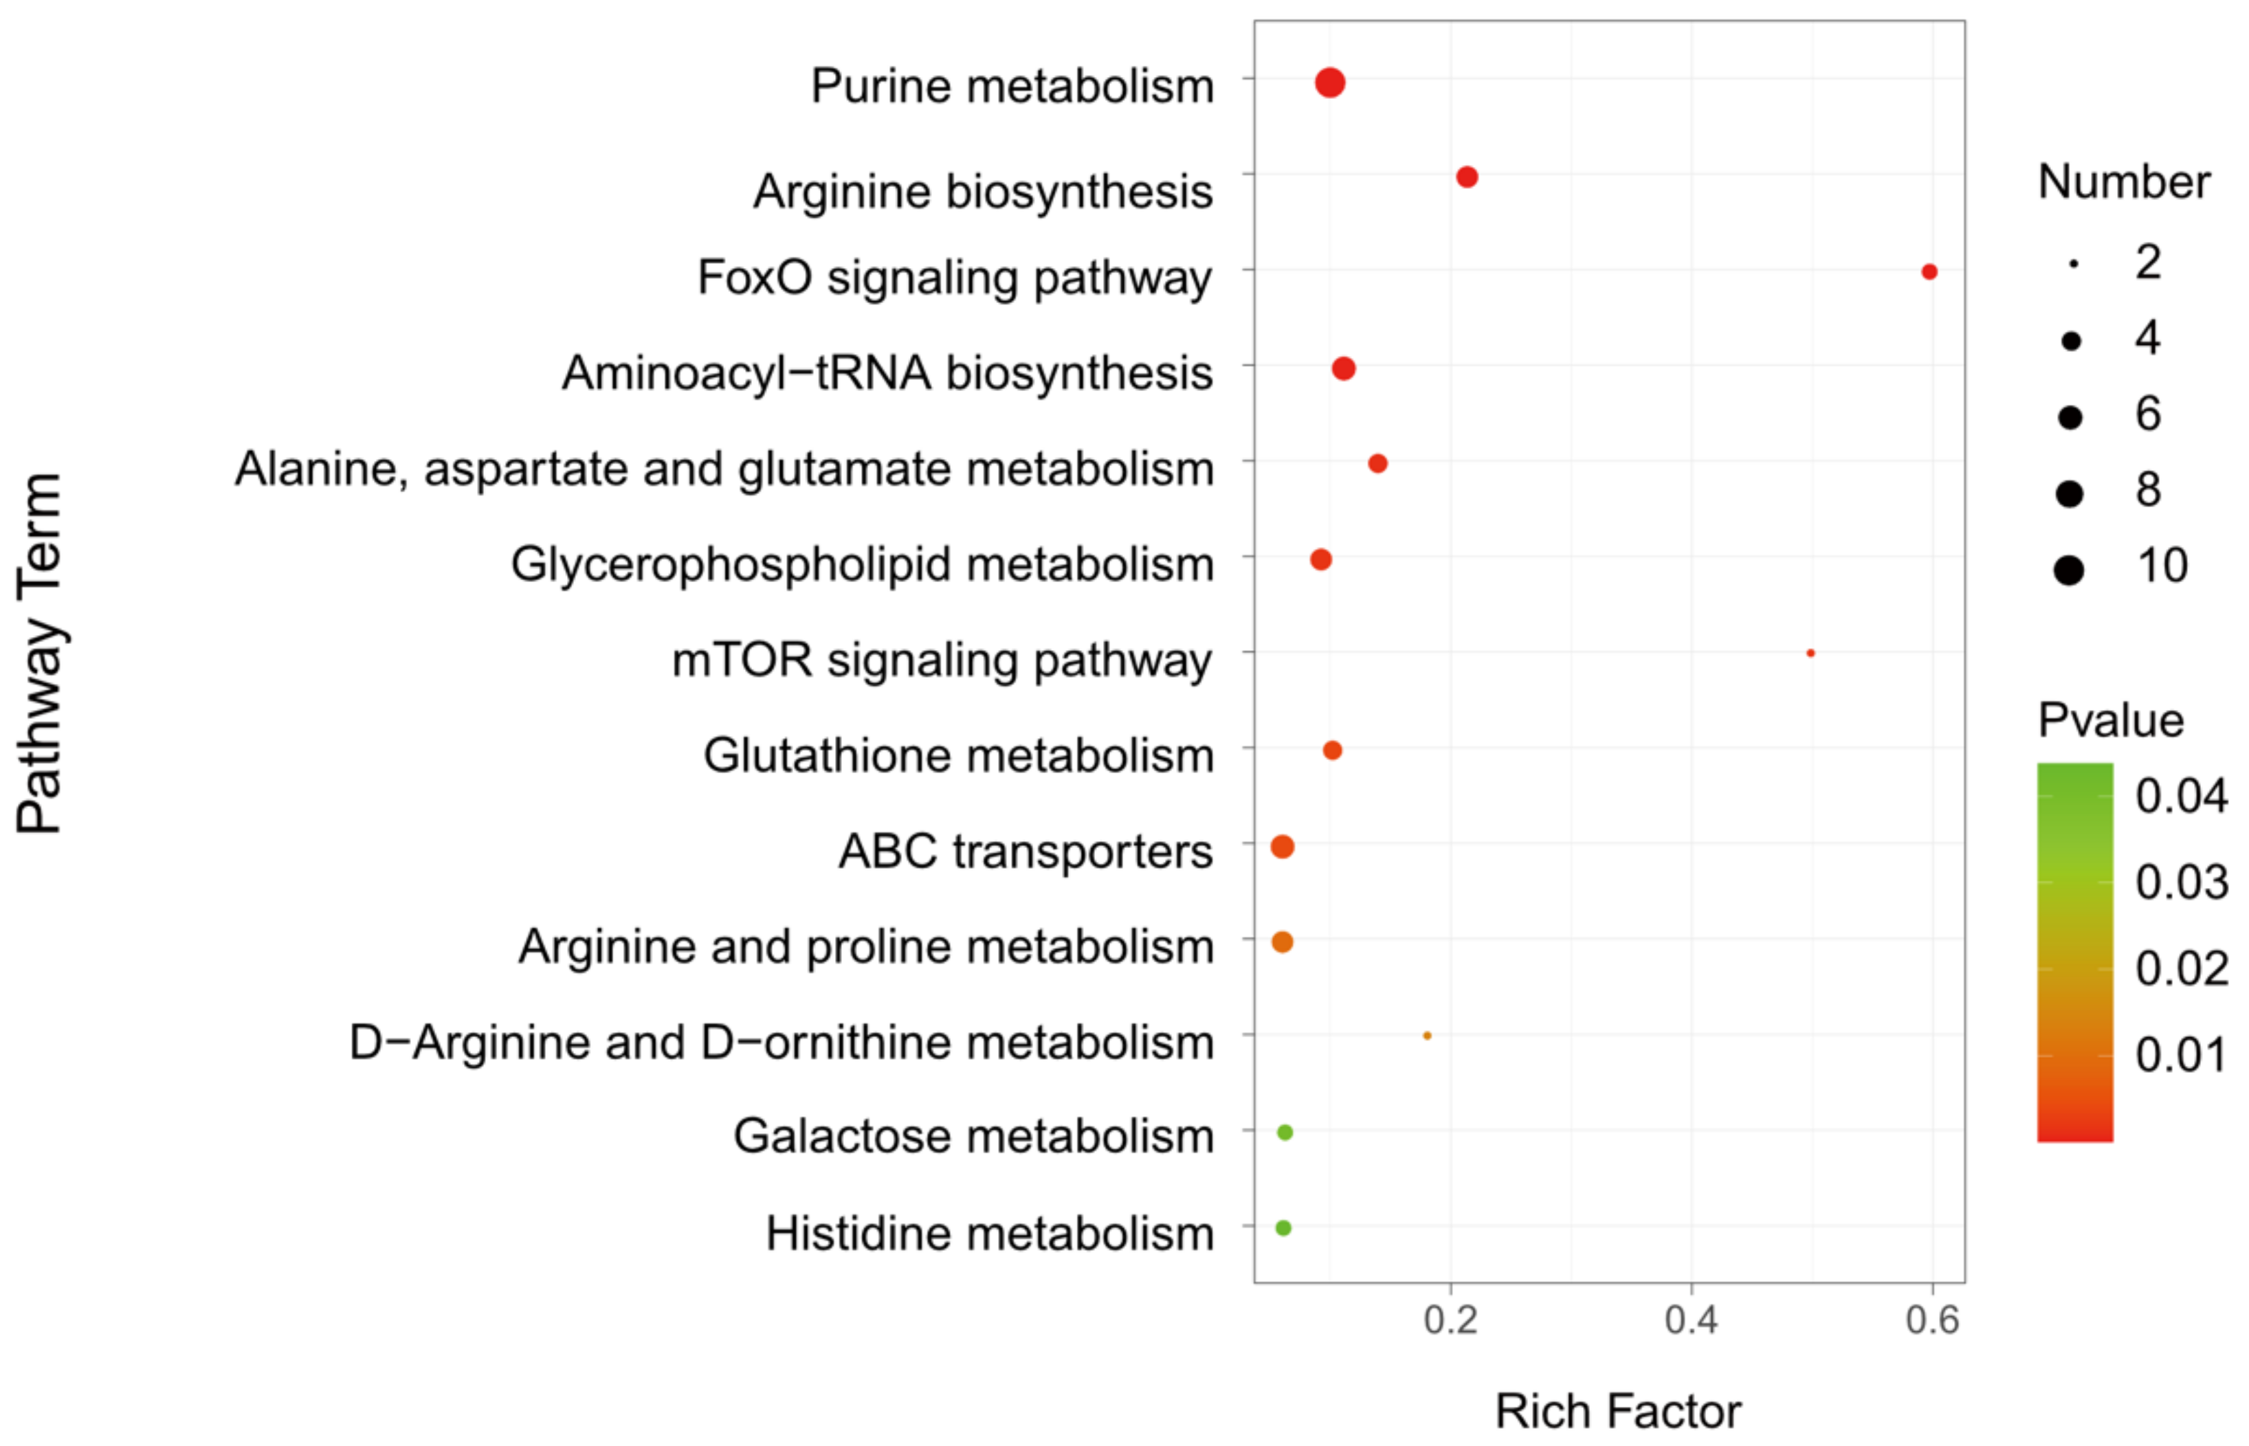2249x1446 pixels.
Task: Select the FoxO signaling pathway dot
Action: [x=1929, y=271]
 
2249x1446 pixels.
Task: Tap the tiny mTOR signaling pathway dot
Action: [x=1810, y=653]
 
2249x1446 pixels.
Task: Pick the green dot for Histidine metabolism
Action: [x=1284, y=1227]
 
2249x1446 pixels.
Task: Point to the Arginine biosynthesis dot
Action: [x=1467, y=177]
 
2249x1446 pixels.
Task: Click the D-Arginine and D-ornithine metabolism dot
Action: [x=1428, y=1036]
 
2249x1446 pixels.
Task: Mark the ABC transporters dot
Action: [x=1282, y=847]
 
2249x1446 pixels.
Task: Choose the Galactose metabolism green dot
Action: [x=1285, y=1133]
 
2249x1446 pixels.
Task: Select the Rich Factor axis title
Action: [x=1617, y=1411]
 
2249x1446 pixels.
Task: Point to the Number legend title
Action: [x=2123, y=181]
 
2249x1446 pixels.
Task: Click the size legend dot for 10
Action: [x=2069, y=569]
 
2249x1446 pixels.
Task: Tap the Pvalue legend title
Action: [x=2110, y=721]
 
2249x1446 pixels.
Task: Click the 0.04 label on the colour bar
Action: [x=2180, y=797]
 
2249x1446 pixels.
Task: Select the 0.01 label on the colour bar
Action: [x=2180, y=1054]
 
